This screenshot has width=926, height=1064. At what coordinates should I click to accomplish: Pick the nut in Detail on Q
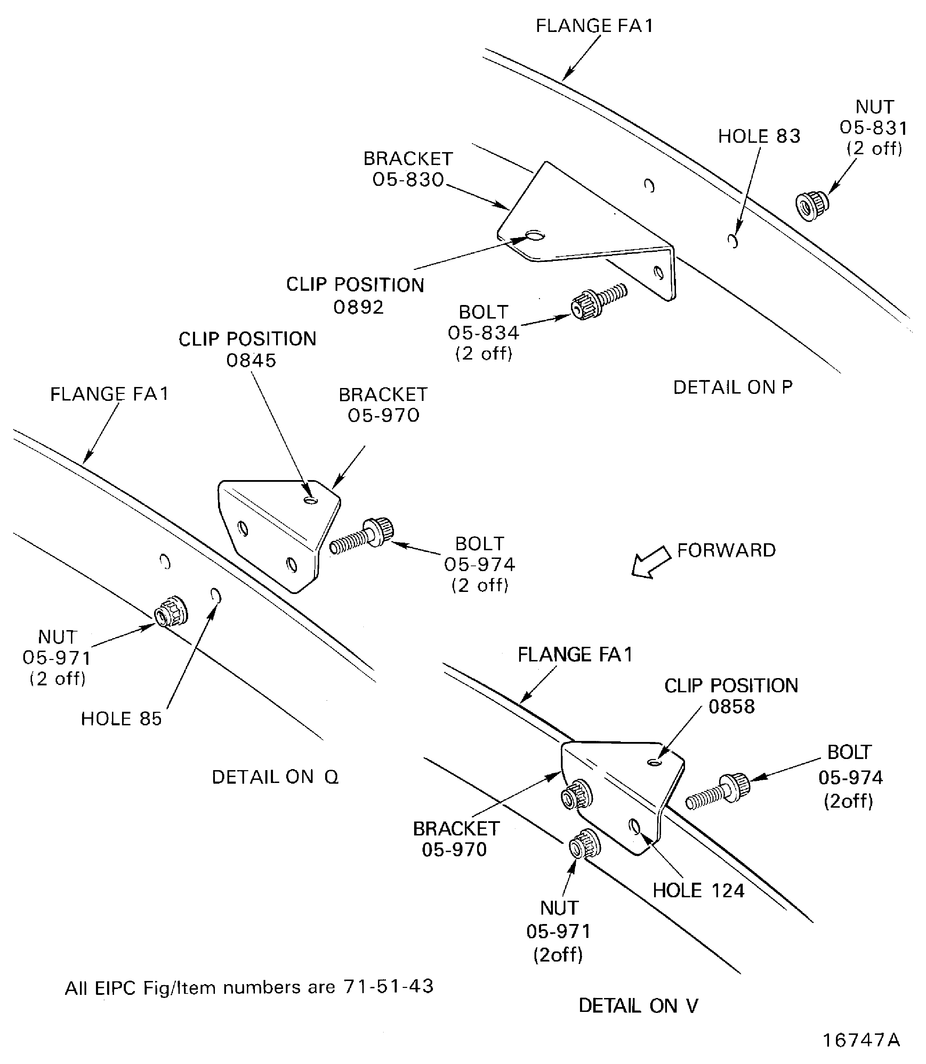tap(171, 612)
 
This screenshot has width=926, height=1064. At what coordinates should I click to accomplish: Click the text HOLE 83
tap(759, 136)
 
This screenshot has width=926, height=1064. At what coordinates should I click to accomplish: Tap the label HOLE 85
tap(121, 719)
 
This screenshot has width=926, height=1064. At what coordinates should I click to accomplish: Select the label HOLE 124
tap(698, 891)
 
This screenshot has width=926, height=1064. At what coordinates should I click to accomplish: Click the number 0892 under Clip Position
tap(358, 307)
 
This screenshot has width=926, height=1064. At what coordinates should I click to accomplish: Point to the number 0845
tap(251, 360)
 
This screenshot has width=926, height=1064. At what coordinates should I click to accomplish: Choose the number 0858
tap(731, 707)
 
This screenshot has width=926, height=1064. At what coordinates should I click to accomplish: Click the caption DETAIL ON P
tap(732, 387)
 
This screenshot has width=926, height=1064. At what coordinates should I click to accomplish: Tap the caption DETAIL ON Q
tap(275, 777)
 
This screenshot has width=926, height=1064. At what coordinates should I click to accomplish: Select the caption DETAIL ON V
tap(638, 1006)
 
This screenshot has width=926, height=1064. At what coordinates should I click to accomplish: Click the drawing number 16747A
tap(861, 1041)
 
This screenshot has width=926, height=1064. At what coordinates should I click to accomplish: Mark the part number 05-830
tap(408, 180)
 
